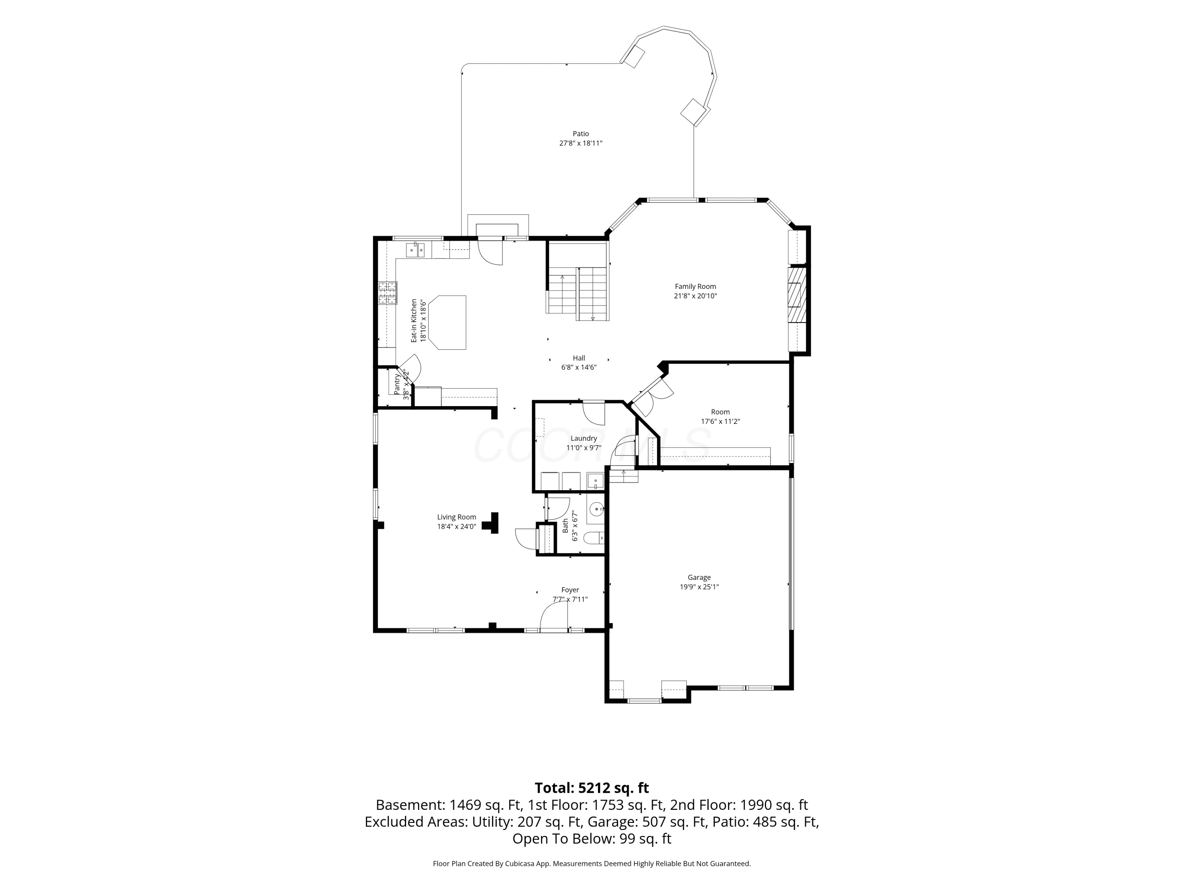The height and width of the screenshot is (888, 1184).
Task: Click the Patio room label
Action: click(x=581, y=134)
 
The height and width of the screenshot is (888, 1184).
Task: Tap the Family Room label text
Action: click(x=695, y=287)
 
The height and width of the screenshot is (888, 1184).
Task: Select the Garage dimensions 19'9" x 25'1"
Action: click(x=699, y=586)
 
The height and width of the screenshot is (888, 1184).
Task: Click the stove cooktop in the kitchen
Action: click(x=388, y=293)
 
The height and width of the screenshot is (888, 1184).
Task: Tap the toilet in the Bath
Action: click(x=594, y=538)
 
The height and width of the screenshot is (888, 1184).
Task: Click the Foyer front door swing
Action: click(x=553, y=618)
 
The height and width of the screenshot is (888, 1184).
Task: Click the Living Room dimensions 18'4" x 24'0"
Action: click(x=457, y=526)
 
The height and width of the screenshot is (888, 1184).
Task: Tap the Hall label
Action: click(x=579, y=358)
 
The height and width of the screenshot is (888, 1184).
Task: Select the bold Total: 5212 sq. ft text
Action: click(x=592, y=788)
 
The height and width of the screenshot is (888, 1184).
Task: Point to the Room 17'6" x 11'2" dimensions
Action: click(x=720, y=421)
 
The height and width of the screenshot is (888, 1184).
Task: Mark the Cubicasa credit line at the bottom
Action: click(x=592, y=864)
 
